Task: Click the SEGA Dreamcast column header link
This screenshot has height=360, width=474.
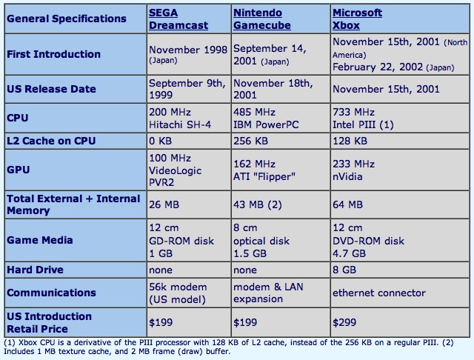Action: click(178, 19)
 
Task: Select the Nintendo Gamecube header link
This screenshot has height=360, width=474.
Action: click(261, 19)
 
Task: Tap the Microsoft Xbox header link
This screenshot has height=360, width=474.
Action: click(357, 19)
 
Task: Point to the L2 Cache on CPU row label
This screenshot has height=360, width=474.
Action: click(51, 141)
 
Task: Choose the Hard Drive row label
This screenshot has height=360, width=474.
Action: click(35, 270)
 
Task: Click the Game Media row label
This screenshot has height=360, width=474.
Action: click(39, 240)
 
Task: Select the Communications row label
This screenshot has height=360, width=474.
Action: click(51, 293)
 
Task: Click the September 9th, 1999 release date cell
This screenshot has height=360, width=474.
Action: click(187, 89)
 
